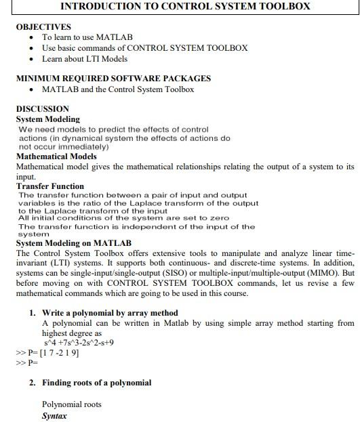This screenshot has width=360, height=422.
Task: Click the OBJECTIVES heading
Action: pyautogui.click(x=43, y=26)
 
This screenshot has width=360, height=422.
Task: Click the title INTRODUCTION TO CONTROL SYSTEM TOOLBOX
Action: pyautogui.click(x=185, y=7)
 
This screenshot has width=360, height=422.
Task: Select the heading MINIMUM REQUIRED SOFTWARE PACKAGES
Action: pyautogui.click(x=113, y=79)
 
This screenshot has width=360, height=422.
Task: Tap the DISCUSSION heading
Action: pyautogui.click(x=42, y=108)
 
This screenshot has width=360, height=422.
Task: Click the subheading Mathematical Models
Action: pyautogui.click(x=56, y=156)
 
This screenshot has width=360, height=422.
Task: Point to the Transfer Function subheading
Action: pyautogui.click(x=50, y=186)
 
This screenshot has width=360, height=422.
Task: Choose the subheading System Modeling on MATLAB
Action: pyautogui.click(x=74, y=243)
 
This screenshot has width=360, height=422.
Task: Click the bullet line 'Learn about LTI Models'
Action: pyautogui.click(x=84, y=59)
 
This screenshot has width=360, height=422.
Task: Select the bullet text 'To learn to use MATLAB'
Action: pyautogui.click(x=87, y=37)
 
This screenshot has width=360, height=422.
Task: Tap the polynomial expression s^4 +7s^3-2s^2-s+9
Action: pyautogui.click(x=78, y=343)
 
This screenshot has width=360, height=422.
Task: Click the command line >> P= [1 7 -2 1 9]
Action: pyautogui.click(x=47, y=352)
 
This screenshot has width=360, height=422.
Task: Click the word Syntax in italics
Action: pyautogui.click(x=54, y=415)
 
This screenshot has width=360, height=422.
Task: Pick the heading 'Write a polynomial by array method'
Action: pyautogui.click(x=110, y=313)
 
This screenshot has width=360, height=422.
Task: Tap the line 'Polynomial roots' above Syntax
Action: pyautogui.click(x=71, y=404)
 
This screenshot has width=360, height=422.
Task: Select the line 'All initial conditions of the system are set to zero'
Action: pyautogui.click(x=123, y=218)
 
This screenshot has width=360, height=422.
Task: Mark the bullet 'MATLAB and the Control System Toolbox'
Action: pyautogui.click(x=117, y=89)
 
